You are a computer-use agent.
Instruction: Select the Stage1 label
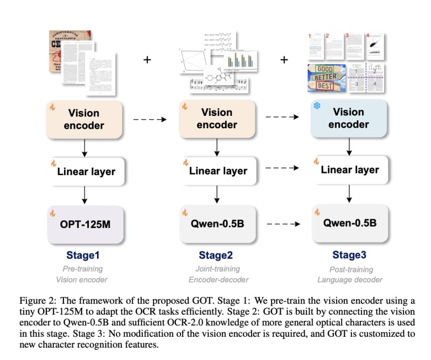click(x=84, y=255)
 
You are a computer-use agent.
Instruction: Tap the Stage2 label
click(x=215, y=255)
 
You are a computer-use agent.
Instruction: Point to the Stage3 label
click(x=349, y=255)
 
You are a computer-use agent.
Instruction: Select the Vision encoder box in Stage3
click(x=349, y=119)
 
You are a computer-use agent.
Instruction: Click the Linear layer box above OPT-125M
click(x=86, y=172)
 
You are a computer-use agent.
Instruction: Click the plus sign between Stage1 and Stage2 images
click(x=147, y=59)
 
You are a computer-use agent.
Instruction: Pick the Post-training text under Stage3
click(x=349, y=268)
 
